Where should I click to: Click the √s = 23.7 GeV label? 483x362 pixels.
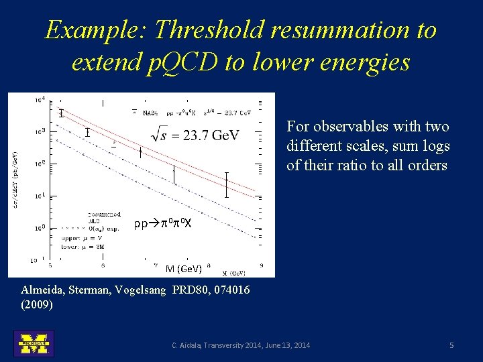coord(196,135)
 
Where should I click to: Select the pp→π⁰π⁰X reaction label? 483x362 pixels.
coord(163,223)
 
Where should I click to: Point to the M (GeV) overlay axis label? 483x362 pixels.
coord(183,269)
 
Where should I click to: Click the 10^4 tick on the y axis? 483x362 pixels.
coord(40,99)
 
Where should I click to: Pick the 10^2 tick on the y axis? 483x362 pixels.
coord(40,163)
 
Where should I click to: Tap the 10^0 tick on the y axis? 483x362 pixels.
coord(40,228)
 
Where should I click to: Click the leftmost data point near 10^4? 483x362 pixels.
coord(61,113)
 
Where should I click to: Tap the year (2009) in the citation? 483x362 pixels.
coord(38,304)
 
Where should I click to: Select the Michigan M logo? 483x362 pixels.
coord(34,343)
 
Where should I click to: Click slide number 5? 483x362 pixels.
coord(451,345)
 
